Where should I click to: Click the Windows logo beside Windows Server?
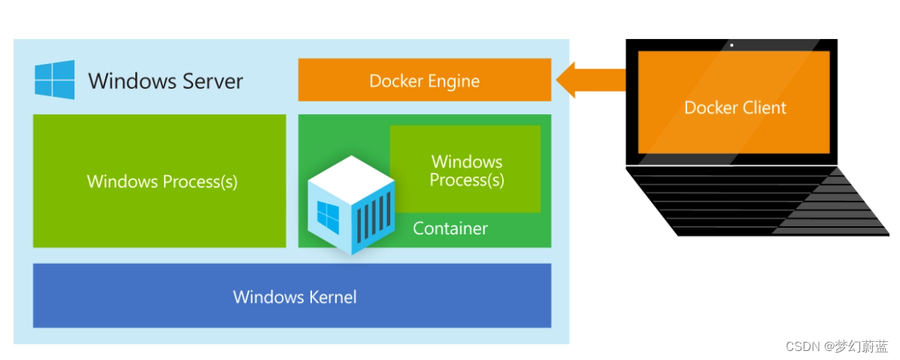pyautogui.click(x=55, y=80)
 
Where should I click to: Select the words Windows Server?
pyautogui.click(x=165, y=81)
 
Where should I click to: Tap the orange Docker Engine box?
pyautogui.click(x=424, y=80)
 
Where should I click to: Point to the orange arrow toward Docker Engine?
pyautogui.click(x=591, y=80)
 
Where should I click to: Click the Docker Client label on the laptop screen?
pyautogui.click(x=735, y=107)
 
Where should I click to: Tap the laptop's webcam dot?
pyautogui.click(x=731, y=45)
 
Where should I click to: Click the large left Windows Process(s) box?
pyautogui.click(x=159, y=181)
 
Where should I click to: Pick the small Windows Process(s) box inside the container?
pyautogui.click(x=465, y=170)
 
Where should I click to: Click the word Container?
pyautogui.click(x=450, y=228)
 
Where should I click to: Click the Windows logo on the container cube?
pyautogui.click(x=328, y=216)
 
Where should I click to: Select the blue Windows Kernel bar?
pyautogui.click(x=292, y=296)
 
